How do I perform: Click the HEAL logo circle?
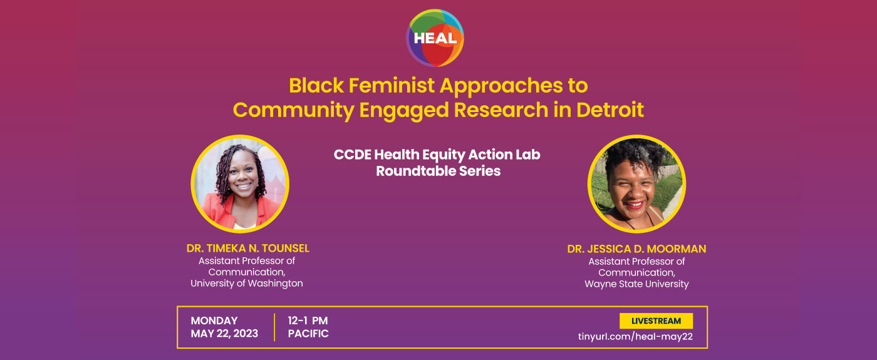pos(435,38)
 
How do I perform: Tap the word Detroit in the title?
pos(610,110)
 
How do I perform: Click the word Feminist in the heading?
pos(392,85)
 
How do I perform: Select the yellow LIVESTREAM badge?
pos(656,321)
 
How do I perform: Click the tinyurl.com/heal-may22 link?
pos(635,337)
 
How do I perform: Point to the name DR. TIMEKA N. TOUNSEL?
pos(248,249)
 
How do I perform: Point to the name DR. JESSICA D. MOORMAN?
pos(636,249)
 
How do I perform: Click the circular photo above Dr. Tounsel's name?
pos(240,183)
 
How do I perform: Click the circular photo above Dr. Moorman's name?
pos(636,183)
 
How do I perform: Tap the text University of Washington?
pos(247,283)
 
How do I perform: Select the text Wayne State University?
pos(636,284)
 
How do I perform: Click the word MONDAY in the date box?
pos(214,321)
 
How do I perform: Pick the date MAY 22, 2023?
pos(224,333)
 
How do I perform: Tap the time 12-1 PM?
pos(308,321)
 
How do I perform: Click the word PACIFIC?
pos(308,333)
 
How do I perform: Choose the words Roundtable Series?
pos(438,171)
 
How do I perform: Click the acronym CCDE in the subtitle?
pos(352,155)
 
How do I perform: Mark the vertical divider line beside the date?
pos(274,327)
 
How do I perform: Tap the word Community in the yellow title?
pos(294,110)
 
